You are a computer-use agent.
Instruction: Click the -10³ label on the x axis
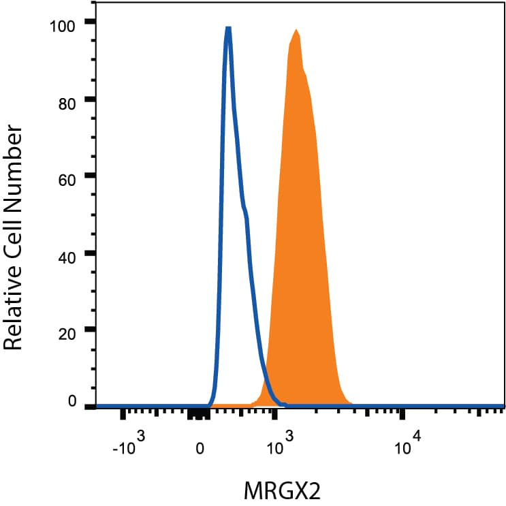click(129, 447)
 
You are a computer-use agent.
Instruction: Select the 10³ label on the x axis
click(279, 447)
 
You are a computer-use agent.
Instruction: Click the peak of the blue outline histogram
click(228, 29)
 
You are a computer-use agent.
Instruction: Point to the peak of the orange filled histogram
click(296, 30)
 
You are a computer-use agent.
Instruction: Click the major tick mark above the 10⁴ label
click(402, 413)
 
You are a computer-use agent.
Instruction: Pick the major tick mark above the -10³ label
click(124, 413)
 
